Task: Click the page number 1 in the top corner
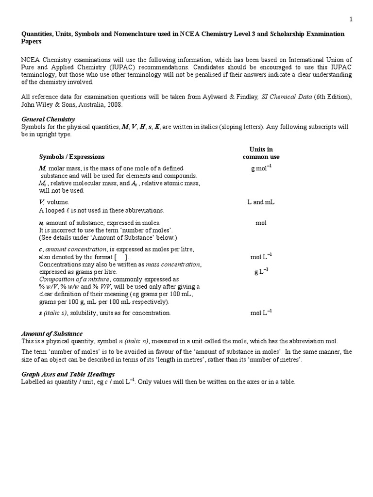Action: tap(351, 19)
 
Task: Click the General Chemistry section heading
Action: tap(48, 119)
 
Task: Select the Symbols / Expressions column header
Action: tap(71, 157)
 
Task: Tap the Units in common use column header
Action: tap(261, 153)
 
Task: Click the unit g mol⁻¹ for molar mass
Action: tap(261, 168)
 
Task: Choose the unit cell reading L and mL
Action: tap(261, 202)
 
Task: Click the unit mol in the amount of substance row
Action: tap(261, 223)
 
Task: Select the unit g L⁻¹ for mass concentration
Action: tap(261, 272)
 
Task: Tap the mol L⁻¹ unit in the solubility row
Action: tap(261, 313)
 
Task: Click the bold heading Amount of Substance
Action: tap(52, 333)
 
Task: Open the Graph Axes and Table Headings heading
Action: tap(68, 374)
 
